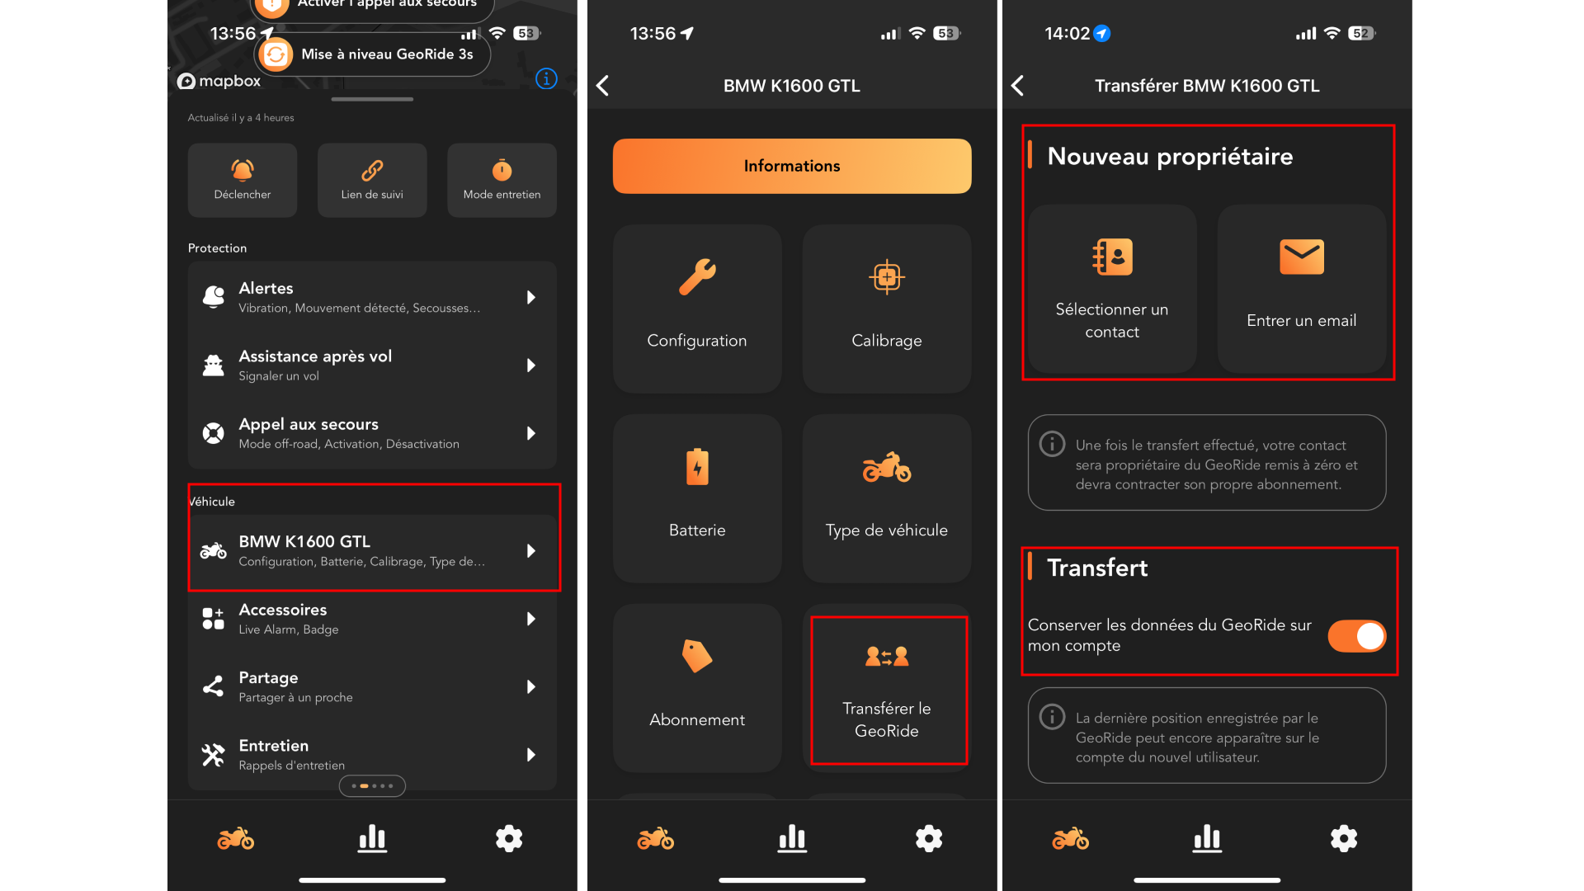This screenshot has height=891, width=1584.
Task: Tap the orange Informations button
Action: [x=792, y=166]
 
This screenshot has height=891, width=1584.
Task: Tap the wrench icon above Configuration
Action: [x=697, y=277]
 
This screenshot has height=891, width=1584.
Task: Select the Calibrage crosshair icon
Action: [x=887, y=277]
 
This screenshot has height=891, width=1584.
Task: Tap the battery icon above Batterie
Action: [x=697, y=467]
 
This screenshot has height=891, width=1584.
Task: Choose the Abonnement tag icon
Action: [x=697, y=657]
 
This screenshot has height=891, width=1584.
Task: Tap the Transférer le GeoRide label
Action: [x=887, y=719]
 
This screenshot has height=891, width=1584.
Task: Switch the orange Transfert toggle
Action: [x=1357, y=636]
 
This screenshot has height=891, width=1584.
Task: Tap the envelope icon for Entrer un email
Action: [x=1302, y=257]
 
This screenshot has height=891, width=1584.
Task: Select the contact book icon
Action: [x=1112, y=257]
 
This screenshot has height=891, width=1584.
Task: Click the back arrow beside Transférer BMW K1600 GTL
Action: [x=1018, y=86]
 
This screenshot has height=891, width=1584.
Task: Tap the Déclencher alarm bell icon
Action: [x=243, y=170]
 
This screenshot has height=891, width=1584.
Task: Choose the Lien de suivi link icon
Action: [x=372, y=170]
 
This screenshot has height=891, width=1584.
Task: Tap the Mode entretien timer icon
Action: [x=502, y=170]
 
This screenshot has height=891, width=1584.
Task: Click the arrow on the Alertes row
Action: [x=531, y=297]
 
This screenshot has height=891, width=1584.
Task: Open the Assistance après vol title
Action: [x=315, y=356]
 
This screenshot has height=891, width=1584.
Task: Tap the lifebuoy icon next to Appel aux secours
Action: [x=214, y=433]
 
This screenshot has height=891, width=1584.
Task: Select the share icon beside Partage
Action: [x=214, y=686]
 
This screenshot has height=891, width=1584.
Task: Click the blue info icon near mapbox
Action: [x=546, y=78]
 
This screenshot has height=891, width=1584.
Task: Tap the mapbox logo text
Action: [x=219, y=81]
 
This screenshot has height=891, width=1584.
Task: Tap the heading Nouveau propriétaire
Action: [x=1170, y=157]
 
